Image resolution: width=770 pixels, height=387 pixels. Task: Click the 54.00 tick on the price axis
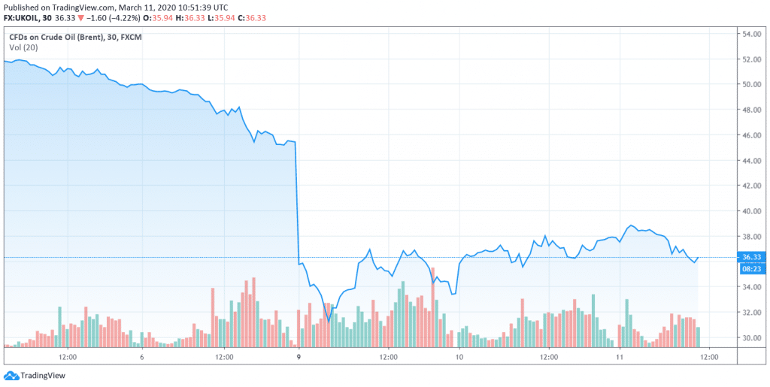[753, 35]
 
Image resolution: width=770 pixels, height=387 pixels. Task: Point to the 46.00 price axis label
[753, 135]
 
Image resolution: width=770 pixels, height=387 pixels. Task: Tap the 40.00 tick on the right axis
[753, 211]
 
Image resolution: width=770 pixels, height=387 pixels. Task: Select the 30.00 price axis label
[753, 338]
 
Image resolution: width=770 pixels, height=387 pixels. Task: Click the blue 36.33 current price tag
[753, 257]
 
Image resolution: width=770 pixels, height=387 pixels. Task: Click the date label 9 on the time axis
[299, 357]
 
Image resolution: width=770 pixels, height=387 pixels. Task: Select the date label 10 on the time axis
[459, 357]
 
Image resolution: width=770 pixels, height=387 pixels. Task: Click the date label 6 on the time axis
[141, 357]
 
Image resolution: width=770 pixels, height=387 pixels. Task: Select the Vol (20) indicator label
[24, 47]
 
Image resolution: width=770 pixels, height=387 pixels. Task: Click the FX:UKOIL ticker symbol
[23, 17]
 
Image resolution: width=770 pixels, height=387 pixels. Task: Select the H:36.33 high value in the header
[194, 17]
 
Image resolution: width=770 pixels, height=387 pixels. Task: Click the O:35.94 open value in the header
[159, 17]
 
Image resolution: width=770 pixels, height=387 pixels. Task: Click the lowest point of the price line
[329, 321]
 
